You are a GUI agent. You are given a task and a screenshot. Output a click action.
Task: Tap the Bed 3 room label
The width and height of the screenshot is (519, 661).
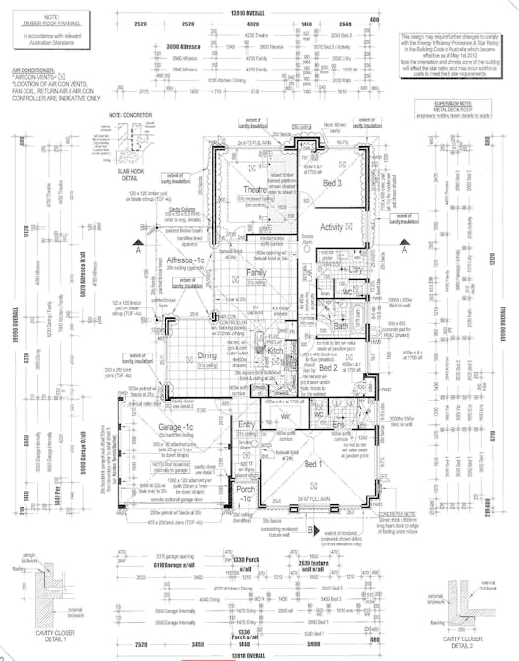[x=334, y=182]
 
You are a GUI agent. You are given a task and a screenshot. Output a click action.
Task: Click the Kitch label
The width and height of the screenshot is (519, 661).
[x=275, y=350]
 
